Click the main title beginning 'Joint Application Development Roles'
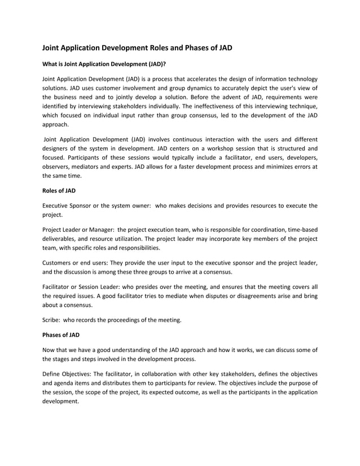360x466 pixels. (x=138, y=48)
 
